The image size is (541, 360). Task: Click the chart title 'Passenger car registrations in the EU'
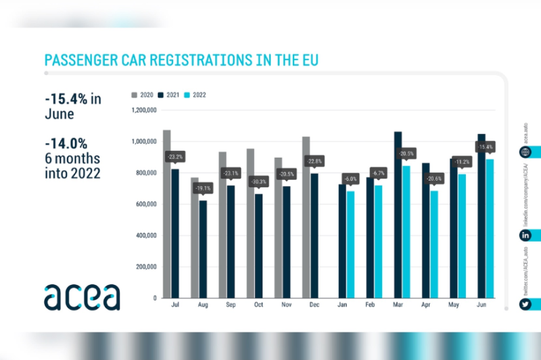pyautogui.click(x=181, y=60)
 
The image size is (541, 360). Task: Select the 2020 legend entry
pyautogui.click(x=143, y=95)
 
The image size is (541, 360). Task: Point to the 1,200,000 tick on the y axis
pyautogui.click(x=143, y=110)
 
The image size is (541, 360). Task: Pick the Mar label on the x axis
pyautogui.click(x=398, y=307)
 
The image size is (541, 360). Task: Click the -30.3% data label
pyautogui.click(x=258, y=182)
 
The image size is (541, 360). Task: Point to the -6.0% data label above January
pyautogui.click(x=350, y=179)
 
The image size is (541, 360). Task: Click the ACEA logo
pyautogui.click(x=82, y=296)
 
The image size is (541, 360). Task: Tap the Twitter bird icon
pyautogui.click(x=525, y=305)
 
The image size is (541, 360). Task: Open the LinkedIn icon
pyautogui.click(x=525, y=235)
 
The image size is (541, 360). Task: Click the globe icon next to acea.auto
pyautogui.click(x=525, y=152)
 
